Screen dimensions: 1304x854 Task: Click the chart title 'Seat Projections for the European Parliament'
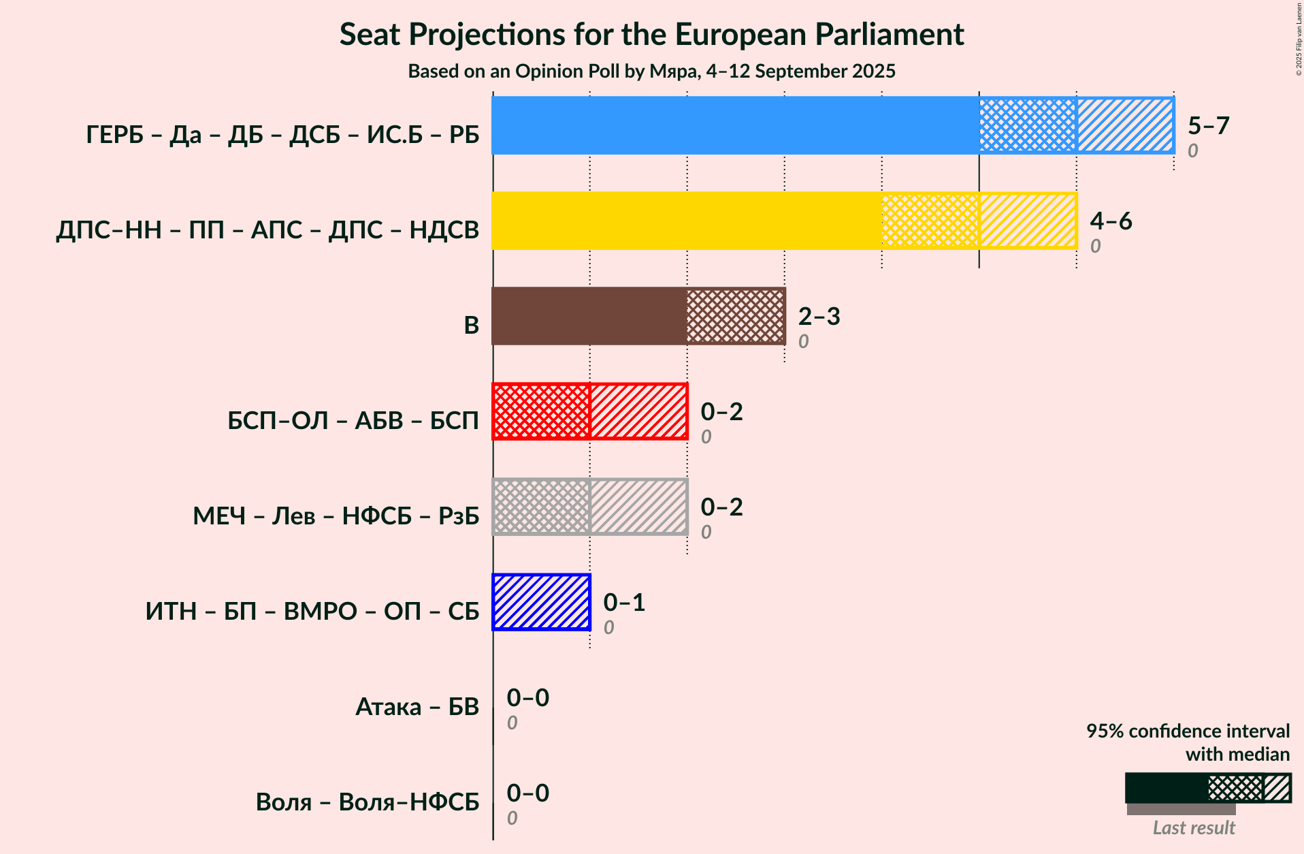click(651, 34)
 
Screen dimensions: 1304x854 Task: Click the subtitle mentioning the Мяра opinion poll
click(651, 71)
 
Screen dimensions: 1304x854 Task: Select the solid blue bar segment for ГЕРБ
click(736, 125)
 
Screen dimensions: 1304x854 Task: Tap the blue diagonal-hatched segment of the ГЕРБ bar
click(1126, 125)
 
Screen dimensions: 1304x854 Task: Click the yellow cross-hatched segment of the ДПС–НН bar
click(930, 221)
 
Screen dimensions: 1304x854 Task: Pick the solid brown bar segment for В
click(589, 316)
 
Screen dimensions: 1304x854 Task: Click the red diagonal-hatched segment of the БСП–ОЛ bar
click(638, 411)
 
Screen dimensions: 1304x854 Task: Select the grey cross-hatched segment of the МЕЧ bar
click(541, 507)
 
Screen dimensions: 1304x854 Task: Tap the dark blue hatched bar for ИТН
click(541, 602)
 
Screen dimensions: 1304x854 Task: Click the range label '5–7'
click(1209, 125)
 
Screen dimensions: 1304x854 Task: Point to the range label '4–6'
click(1111, 221)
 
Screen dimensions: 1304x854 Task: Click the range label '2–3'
click(819, 316)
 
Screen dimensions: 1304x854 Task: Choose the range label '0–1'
click(624, 602)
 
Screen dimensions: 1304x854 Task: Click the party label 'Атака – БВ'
click(417, 707)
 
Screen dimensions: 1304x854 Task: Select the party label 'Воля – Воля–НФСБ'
click(368, 802)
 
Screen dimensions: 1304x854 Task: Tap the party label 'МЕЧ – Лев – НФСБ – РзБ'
click(336, 516)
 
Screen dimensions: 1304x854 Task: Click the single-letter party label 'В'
click(472, 326)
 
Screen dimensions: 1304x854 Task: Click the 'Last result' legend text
click(1194, 827)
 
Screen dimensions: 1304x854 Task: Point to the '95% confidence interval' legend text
click(1188, 731)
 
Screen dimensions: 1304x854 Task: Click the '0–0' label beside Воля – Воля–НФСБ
click(528, 793)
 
